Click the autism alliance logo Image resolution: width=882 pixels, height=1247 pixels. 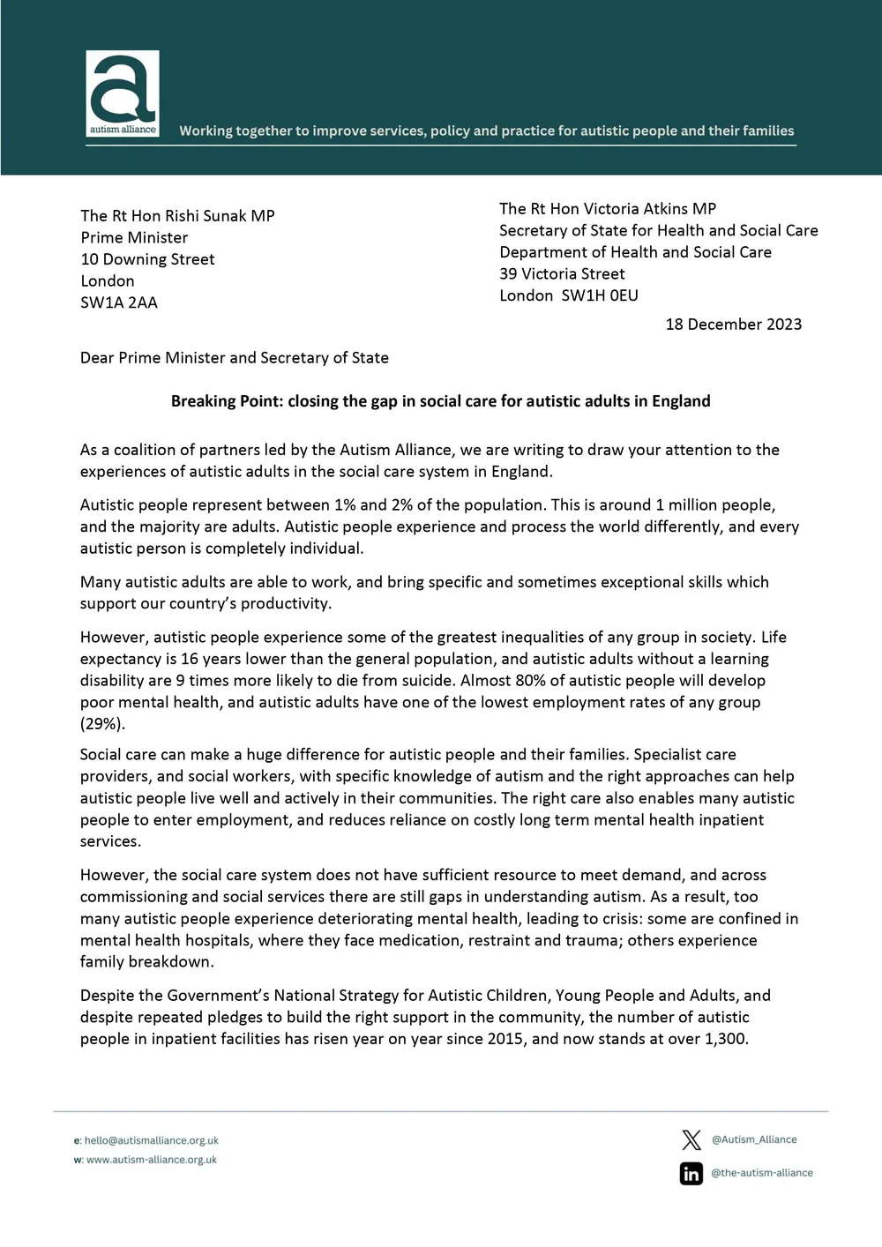(x=123, y=93)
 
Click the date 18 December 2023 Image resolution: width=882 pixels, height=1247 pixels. (x=733, y=325)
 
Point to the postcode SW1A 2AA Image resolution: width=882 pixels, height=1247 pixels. (x=119, y=302)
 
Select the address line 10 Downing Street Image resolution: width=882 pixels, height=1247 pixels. (x=147, y=259)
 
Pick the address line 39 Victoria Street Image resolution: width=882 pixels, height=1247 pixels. (x=562, y=274)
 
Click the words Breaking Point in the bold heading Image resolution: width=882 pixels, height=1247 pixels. (x=216, y=401)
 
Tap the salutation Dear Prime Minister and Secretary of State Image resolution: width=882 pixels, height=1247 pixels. (x=234, y=358)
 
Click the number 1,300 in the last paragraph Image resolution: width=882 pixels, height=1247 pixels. (x=725, y=1039)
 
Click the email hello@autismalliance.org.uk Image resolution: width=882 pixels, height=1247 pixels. (x=151, y=1140)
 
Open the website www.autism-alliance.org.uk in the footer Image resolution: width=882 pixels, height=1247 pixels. (x=151, y=1160)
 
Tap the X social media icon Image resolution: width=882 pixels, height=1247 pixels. (x=691, y=1139)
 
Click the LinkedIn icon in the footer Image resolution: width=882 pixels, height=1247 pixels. (x=691, y=1174)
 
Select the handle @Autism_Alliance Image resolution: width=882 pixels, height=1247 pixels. (x=754, y=1139)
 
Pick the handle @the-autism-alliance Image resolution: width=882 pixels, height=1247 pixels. (x=762, y=1173)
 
